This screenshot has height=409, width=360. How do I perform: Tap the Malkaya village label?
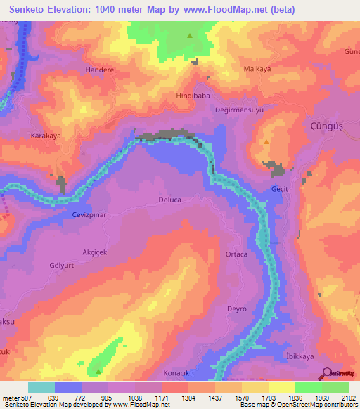click(257, 69)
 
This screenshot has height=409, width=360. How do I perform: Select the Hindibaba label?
click(194, 95)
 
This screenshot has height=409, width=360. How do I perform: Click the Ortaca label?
click(236, 254)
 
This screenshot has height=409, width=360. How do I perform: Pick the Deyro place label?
click(236, 309)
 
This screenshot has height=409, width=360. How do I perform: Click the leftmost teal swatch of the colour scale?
click(41, 387)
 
